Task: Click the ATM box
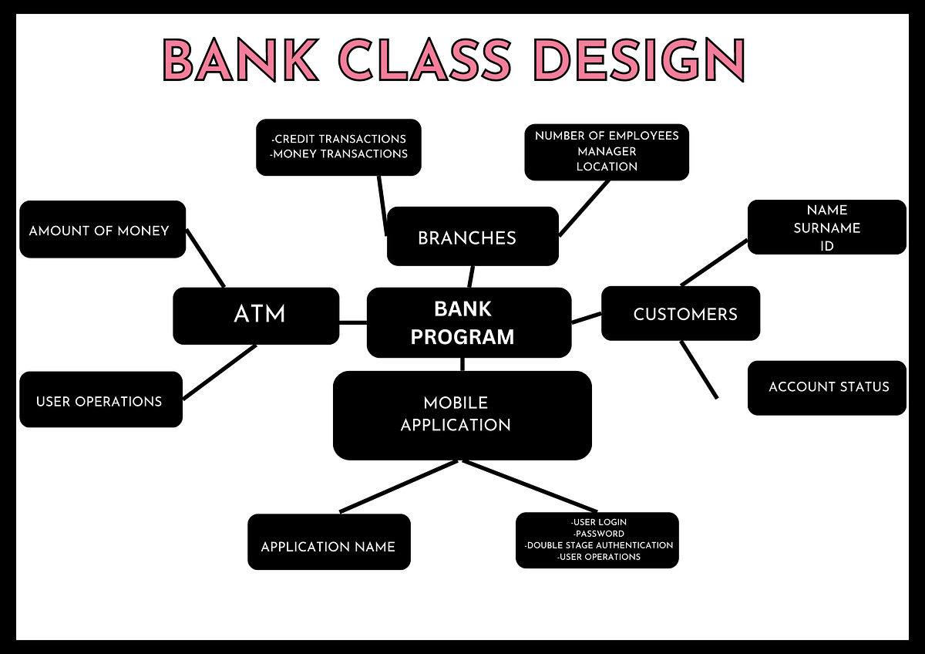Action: click(256, 315)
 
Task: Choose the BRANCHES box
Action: click(472, 237)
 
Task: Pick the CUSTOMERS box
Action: click(681, 314)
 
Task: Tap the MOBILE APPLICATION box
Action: click(462, 415)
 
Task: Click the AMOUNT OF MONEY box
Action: click(102, 230)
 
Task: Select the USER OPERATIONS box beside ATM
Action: click(100, 400)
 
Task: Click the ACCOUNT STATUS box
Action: click(827, 387)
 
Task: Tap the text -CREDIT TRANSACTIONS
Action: click(339, 139)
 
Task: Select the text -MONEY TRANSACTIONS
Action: click(339, 153)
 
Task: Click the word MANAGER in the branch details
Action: click(607, 151)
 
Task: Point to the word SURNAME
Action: click(826, 228)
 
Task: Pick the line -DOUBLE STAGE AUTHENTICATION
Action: click(598, 545)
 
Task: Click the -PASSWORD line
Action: click(598, 534)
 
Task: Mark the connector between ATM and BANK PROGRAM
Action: click(353, 322)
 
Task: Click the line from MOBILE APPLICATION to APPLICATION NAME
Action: click(399, 487)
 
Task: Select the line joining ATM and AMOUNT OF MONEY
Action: click(207, 259)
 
